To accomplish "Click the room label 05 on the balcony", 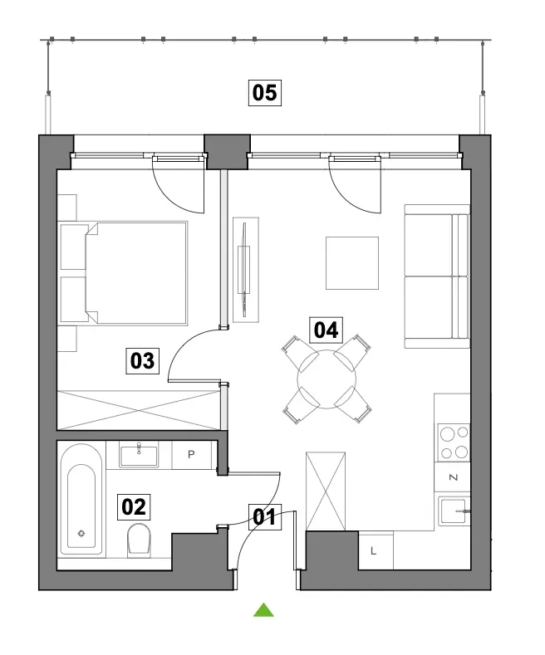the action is (264, 92).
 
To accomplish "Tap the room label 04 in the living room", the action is (326, 330).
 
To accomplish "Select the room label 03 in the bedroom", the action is (143, 361).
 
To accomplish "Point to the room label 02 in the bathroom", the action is (133, 507).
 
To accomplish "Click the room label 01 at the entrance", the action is (265, 517).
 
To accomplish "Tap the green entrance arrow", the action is (263, 610).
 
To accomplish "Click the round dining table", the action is (327, 379).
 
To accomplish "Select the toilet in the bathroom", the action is (139, 540).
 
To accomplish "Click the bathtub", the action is (81, 499).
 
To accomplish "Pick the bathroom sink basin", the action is (139, 455).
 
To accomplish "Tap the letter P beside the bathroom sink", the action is (191, 454).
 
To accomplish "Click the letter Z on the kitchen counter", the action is (453, 477).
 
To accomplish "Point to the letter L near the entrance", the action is (373, 551).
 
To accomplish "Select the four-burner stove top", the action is (454, 442).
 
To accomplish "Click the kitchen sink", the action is (454, 511).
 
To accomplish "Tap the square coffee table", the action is (352, 263).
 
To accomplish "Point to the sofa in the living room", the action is (437, 276).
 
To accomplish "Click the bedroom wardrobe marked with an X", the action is (139, 410).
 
